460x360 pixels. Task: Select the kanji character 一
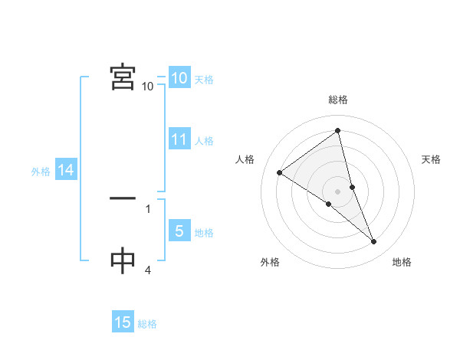point(123,199)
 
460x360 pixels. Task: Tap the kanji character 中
point(123,261)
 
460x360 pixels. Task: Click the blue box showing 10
point(179,78)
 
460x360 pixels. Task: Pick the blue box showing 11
point(179,139)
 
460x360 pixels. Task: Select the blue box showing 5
point(179,231)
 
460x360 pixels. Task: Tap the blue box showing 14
point(66,170)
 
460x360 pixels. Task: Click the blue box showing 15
point(123,323)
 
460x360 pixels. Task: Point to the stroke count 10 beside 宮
point(148,87)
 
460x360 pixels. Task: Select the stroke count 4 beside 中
point(148,270)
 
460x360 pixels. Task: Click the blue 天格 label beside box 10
point(204,80)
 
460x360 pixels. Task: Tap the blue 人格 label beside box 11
point(204,141)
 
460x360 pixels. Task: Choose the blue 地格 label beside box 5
point(204,233)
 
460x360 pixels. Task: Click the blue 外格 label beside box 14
point(41,172)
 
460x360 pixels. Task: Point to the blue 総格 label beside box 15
point(147,325)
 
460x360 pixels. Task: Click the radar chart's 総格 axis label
point(338,100)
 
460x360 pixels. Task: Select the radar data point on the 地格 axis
point(374,242)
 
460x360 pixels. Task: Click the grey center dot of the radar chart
point(337,191)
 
